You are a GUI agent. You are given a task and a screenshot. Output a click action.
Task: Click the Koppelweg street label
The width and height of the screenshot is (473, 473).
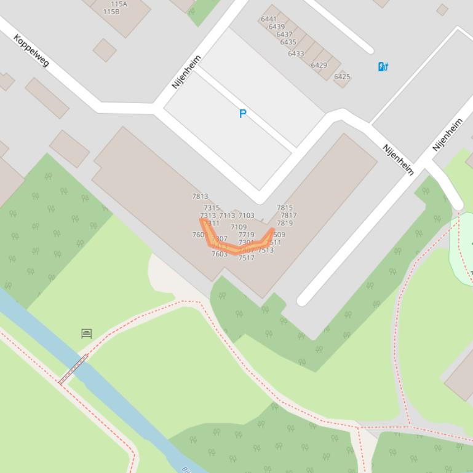click(x=31, y=50)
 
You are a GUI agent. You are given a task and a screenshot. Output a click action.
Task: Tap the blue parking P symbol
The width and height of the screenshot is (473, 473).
click(x=243, y=114)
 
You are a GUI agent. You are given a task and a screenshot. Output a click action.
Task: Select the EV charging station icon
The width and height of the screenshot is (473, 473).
click(x=383, y=66)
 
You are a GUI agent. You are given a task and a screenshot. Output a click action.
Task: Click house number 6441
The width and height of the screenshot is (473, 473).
click(x=269, y=19)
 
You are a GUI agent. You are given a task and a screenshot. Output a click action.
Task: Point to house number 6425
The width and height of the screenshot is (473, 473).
click(x=342, y=77)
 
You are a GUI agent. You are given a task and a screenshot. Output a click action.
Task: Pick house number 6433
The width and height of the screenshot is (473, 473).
click(x=296, y=53)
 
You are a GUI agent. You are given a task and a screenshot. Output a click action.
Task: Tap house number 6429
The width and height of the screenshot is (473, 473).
click(x=319, y=65)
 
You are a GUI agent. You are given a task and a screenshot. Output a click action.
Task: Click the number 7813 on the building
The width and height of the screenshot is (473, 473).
click(x=200, y=197)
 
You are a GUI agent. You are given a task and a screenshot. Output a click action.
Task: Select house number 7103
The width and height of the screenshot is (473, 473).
click(x=246, y=216)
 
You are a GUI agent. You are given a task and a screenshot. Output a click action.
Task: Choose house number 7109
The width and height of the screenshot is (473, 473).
click(x=239, y=227)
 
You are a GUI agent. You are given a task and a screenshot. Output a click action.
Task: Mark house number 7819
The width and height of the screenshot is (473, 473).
click(x=285, y=223)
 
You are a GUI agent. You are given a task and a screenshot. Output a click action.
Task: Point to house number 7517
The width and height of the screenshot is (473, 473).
click(x=246, y=258)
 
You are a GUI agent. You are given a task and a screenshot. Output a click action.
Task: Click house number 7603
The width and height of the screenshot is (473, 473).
click(x=220, y=254)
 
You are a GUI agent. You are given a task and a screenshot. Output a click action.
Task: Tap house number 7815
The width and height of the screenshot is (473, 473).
click(x=285, y=208)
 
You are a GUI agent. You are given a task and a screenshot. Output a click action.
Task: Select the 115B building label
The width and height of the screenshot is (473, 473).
click(x=111, y=12)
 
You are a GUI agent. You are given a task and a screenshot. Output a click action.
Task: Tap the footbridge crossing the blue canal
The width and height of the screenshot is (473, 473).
click(x=73, y=369)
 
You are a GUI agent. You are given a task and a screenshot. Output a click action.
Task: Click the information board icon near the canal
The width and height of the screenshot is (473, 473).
click(x=87, y=334)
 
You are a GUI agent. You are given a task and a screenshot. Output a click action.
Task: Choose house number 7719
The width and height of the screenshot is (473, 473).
click(x=246, y=235)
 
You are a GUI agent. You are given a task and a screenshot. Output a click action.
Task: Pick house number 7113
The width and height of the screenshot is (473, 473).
click(x=227, y=216)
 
